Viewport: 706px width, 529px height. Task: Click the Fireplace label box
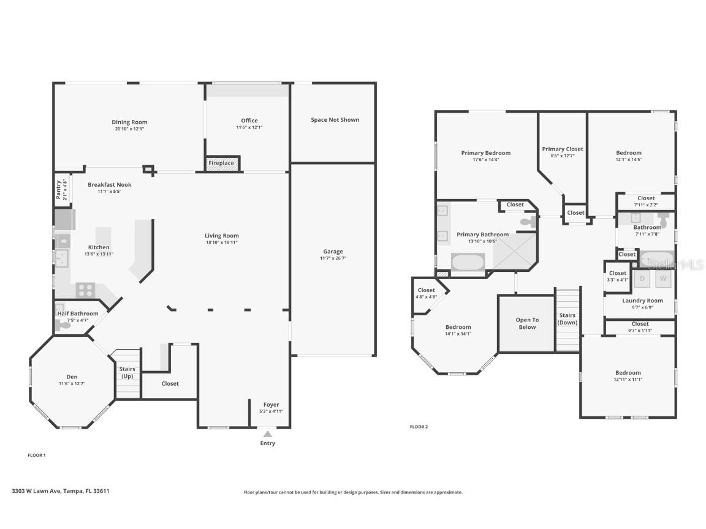point(222,163)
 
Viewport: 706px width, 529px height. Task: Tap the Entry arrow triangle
point(267,434)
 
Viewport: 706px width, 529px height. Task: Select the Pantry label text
point(59,190)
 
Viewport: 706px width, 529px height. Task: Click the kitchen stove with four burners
point(85,290)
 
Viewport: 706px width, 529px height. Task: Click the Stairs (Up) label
point(127,372)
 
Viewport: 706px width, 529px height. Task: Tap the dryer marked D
point(642,279)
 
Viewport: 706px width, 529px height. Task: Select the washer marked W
point(662,279)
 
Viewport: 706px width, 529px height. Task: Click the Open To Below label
point(526,323)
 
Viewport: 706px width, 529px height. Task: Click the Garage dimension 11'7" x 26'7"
point(333,258)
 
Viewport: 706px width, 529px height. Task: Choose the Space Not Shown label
point(335,120)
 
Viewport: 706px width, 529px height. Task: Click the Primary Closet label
point(562,149)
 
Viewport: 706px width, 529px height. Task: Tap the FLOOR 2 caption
point(419,427)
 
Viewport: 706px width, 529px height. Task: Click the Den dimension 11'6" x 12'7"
point(72,384)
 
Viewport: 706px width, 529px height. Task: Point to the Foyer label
point(271,405)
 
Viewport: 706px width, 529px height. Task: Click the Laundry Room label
point(642,301)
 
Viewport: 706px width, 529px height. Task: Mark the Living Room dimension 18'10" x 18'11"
point(222,242)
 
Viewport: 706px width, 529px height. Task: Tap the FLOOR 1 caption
point(37,455)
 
